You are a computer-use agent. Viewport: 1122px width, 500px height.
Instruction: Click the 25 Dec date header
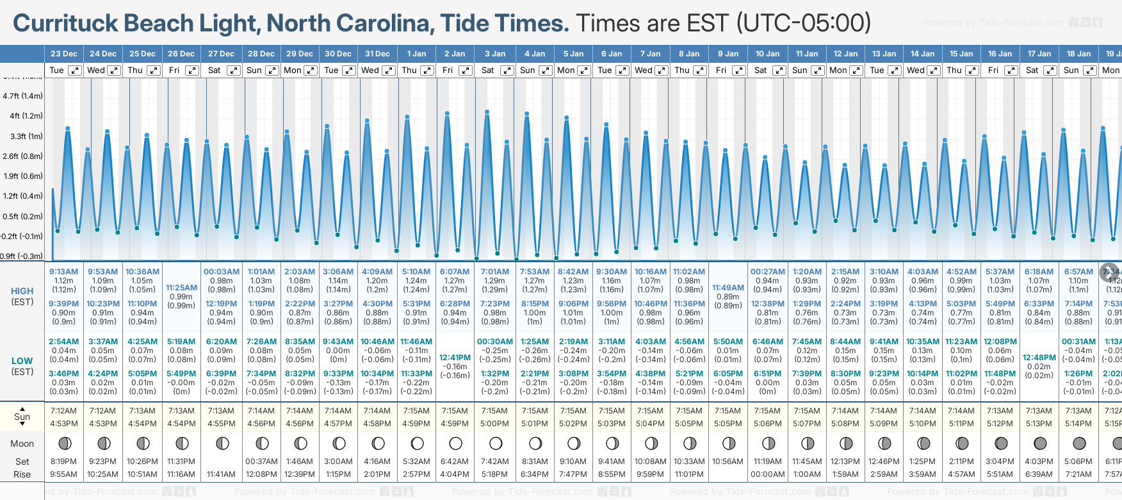142,54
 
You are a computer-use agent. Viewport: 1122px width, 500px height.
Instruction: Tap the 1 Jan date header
416,54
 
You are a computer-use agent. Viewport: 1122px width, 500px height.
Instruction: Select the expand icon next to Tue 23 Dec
75,71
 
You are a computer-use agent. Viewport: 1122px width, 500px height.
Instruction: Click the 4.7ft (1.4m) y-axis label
22,96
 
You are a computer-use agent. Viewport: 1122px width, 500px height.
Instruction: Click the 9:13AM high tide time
63,272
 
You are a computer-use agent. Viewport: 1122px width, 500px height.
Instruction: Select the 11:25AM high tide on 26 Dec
181,288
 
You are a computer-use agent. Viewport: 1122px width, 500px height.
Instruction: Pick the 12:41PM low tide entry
455,358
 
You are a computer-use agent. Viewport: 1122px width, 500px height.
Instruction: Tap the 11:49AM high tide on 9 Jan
728,288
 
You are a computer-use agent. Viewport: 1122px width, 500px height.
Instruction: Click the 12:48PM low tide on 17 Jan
1039,358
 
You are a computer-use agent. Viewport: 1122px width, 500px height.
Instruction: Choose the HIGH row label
22,291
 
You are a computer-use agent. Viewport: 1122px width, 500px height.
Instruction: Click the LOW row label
22,361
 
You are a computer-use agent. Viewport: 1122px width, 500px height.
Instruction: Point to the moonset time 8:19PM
63,462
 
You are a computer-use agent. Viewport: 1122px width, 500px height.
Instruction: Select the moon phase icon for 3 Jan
496,443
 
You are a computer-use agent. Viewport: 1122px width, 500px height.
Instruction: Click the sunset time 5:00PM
494,424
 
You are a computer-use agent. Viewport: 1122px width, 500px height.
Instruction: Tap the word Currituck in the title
65,24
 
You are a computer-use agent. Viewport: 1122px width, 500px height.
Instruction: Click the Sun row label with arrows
22,417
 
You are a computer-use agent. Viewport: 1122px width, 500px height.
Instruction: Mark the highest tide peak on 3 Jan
487,112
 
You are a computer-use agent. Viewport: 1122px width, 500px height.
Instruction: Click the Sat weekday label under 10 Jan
760,71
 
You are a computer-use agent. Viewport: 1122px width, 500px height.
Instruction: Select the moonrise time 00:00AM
767,474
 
